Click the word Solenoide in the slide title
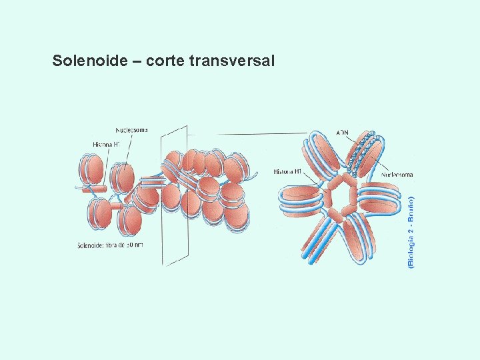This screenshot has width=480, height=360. (89, 61)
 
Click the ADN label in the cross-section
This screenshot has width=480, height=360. (342, 132)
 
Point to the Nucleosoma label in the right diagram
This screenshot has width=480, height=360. (397, 175)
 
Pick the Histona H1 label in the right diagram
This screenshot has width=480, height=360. (288, 171)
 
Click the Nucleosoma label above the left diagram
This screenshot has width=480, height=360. (132, 129)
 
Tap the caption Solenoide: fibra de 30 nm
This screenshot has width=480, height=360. (110, 245)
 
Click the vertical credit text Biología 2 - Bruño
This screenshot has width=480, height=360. (411, 232)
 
